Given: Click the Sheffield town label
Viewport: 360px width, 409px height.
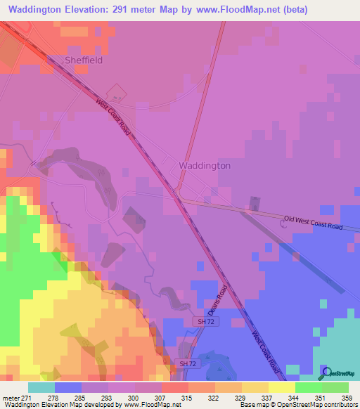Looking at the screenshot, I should pyautogui.click(x=84, y=60).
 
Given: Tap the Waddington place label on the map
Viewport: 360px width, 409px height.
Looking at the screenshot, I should pyautogui.click(x=205, y=166).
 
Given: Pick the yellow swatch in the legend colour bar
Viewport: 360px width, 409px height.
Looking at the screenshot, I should pyautogui.click(x=281, y=387).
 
